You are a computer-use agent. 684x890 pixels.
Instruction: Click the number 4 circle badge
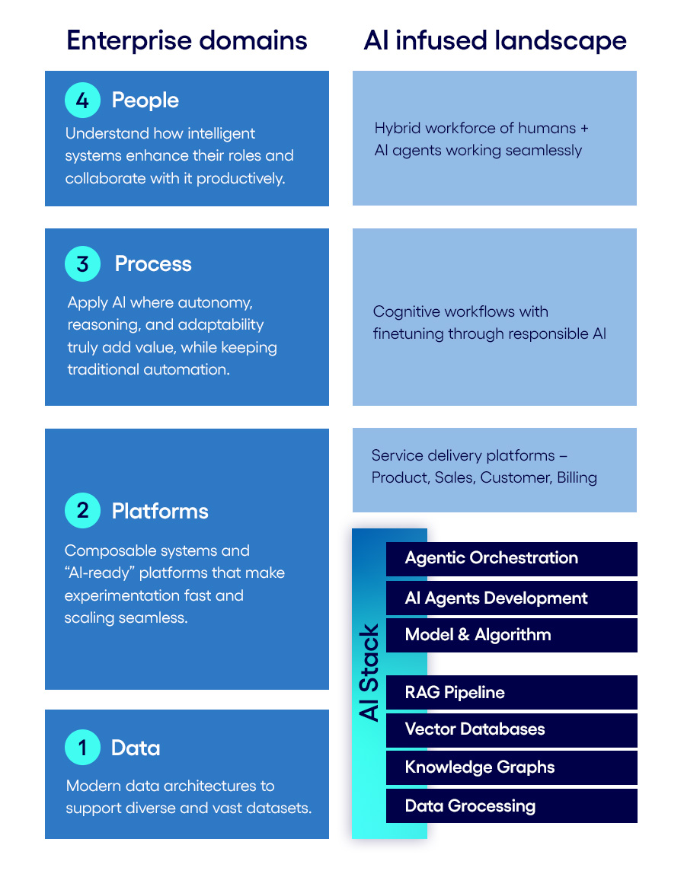click(x=82, y=100)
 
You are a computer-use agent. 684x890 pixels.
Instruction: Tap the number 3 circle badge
click(x=82, y=263)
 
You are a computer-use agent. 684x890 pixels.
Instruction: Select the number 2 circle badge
click(x=82, y=510)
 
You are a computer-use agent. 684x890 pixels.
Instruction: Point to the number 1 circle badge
click(x=82, y=748)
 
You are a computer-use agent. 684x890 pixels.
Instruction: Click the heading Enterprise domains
click(x=187, y=40)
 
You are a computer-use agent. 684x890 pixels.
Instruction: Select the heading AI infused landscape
click(x=495, y=40)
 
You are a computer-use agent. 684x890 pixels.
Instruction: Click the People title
click(x=145, y=100)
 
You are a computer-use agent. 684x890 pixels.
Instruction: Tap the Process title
click(x=153, y=263)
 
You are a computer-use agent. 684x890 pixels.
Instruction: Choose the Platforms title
click(x=160, y=510)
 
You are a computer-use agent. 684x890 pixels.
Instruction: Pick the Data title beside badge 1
click(x=136, y=748)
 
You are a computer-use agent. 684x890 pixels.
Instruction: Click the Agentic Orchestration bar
click(x=511, y=558)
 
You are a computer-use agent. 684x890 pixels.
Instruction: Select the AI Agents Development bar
click(x=511, y=598)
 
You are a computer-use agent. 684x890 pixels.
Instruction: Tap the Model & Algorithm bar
click(x=511, y=635)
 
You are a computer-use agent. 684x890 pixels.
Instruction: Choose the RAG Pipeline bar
click(x=511, y=692)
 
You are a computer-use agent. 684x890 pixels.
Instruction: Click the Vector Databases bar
click(x=511, y=729)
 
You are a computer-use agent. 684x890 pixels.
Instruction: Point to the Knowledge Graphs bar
click(x=511, y=767)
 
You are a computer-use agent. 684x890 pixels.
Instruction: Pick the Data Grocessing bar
click(x=511, y=805)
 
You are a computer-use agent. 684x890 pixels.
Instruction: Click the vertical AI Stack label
click(x=369, y=673)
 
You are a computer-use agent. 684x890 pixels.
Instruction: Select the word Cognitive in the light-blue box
click(x=404, y=311)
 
